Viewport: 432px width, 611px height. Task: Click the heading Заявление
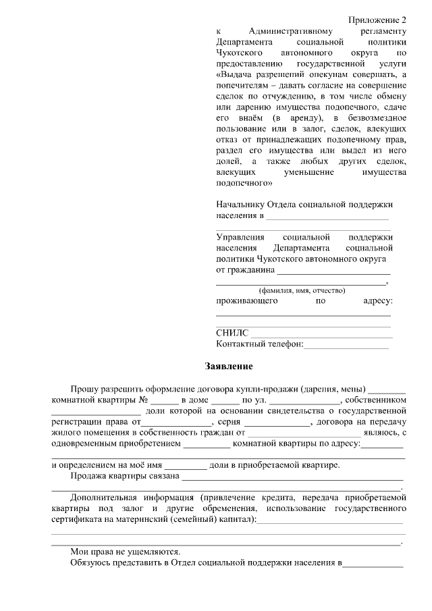point(229,367)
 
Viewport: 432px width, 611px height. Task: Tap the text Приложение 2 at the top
point(377,20)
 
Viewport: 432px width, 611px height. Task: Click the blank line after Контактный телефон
point(346,346)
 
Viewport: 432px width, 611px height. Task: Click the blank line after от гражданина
point(333,271)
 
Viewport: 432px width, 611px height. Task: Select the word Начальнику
point(240,205)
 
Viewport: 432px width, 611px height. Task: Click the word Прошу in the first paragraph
point(84,390)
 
